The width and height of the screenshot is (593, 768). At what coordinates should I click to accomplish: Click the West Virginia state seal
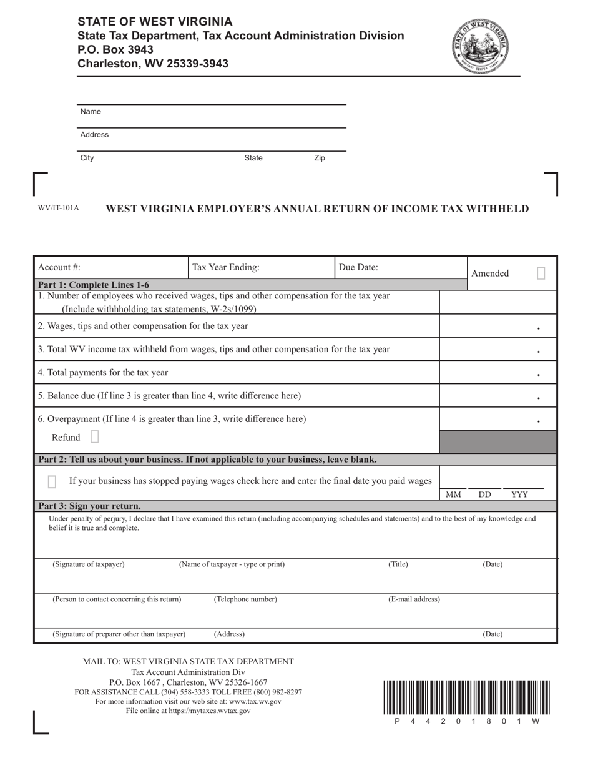[x=483, y=46]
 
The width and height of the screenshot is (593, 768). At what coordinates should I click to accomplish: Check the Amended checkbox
[x=541, y=273]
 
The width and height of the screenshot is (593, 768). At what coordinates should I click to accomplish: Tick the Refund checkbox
[x=94, y=436]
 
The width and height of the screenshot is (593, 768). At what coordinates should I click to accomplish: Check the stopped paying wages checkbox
[x=52, y=481]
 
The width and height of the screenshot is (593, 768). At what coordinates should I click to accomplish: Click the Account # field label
[x=59, y=267]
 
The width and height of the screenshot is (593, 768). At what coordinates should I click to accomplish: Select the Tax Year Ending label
[x=225, y=267]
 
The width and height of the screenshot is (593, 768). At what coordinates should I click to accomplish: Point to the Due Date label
[x=358, y=267]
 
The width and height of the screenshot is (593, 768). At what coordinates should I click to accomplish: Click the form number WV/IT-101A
[x=59, y=208]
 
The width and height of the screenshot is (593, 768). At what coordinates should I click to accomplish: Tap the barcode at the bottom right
[x=466, y=697]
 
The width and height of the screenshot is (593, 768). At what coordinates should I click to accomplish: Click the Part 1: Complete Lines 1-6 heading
[x=94, y=285]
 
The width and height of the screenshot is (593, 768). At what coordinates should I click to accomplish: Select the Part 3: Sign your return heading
[x=90, y=506]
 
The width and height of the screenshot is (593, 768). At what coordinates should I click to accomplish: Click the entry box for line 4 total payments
[x=497, y=373]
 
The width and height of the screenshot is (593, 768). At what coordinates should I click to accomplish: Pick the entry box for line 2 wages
[x=497, y=326]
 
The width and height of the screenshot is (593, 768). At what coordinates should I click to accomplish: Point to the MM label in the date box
[x=453, y=495]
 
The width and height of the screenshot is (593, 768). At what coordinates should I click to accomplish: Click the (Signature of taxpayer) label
[x=89, y=564]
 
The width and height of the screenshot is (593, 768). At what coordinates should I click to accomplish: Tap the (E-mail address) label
[x=414, y=599]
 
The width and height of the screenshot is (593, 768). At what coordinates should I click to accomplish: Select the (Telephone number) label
[x=245, y=599]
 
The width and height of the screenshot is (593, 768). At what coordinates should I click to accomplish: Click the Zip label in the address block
[x=320, y=158]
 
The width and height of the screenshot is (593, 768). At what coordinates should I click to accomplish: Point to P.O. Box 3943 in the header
[x=115, y=49]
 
